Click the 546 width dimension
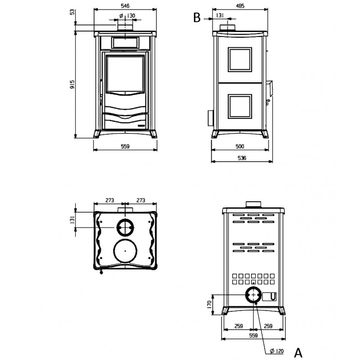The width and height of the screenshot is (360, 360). (x=125, y=6)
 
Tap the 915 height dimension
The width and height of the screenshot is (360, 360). (x=72, y=85)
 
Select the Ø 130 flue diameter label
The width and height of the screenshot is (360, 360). (x=127, y=16)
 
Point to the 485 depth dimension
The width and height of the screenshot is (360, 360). (x=240, y=6)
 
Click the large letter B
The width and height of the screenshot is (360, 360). (x=197, y=18)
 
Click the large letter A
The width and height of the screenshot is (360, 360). (x=298, y=352)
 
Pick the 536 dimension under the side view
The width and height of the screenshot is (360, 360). (x=242, y=158)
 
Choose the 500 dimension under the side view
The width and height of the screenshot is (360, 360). (x=240, y=146)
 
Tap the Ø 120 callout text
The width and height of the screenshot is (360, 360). (x=277, y=351)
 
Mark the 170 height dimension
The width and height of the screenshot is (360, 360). (x=209, y=305)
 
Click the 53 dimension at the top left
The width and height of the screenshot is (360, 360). (x=72, y=12)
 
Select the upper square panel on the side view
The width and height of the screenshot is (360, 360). (x=240, y=60)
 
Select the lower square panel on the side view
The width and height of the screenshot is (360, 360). (x=240, y=107)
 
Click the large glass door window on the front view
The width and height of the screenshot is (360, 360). (x=125, y=74)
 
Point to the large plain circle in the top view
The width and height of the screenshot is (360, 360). (x=125, y=251)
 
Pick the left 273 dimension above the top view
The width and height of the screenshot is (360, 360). (x=110, y=200)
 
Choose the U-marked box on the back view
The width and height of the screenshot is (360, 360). (x=269, y=297)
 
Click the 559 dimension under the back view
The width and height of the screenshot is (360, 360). (x=253, y=336)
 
